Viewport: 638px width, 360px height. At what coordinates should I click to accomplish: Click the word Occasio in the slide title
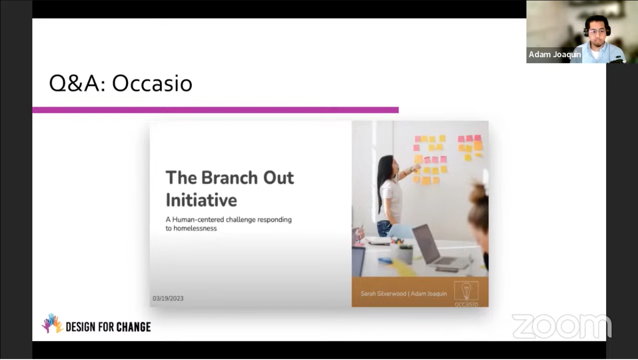[x=152, y=83]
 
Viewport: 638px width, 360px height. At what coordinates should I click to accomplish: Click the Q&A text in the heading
[x=77, y=83]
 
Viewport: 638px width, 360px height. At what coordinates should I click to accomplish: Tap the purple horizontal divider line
[x=215, y=110]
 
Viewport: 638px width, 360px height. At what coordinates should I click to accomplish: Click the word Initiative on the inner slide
[x=201, y=200]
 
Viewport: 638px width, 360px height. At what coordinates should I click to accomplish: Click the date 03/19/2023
[x=168, y=298]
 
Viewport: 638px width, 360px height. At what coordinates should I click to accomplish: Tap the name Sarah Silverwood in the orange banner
[x=383, y=293]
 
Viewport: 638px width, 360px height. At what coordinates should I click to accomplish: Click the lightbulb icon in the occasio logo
[x=466, y=291]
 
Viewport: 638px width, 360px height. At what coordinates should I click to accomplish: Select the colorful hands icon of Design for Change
[x=52, y=323]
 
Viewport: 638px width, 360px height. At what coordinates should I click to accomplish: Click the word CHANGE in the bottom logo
[x=134, y=327]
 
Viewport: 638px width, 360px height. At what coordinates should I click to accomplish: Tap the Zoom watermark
[x=562, y=326]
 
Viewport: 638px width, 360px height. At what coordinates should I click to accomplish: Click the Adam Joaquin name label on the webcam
[x=555, y=54]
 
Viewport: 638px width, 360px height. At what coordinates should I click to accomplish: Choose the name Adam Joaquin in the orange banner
[x=428, y=293]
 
